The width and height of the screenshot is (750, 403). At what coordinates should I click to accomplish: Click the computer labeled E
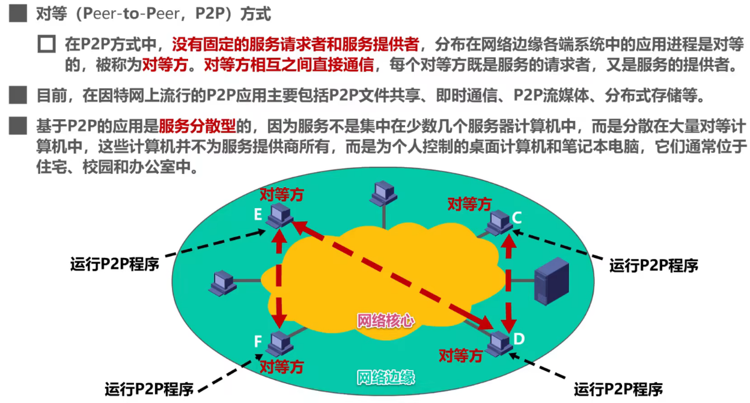pyautogui.click(x=279, y=214)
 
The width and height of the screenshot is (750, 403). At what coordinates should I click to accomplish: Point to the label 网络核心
pyautogui.click(x=385, y=321)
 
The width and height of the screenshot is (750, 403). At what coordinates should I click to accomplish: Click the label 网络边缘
pyautogui.click(x=385, y=377)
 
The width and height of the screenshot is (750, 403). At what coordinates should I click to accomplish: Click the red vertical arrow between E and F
pyautogui.click(x=279, y=277)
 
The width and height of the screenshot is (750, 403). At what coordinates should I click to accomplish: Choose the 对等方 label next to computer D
pyautogui.click(x=461, y=355)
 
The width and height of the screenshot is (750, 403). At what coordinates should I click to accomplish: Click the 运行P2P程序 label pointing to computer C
pyautogui.click(x=654, y=265)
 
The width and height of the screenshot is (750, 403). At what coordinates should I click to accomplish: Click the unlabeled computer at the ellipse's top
pyautogui.click(x=383, y=192)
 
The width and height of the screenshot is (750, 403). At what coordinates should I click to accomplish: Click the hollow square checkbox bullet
pyautogui.click(x=46, y=44)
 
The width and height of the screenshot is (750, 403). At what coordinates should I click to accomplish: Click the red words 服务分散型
pyautogui.click(x=195, y=126)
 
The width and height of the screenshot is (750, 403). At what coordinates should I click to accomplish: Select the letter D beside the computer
pyautogui.click(x=519, y=339)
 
